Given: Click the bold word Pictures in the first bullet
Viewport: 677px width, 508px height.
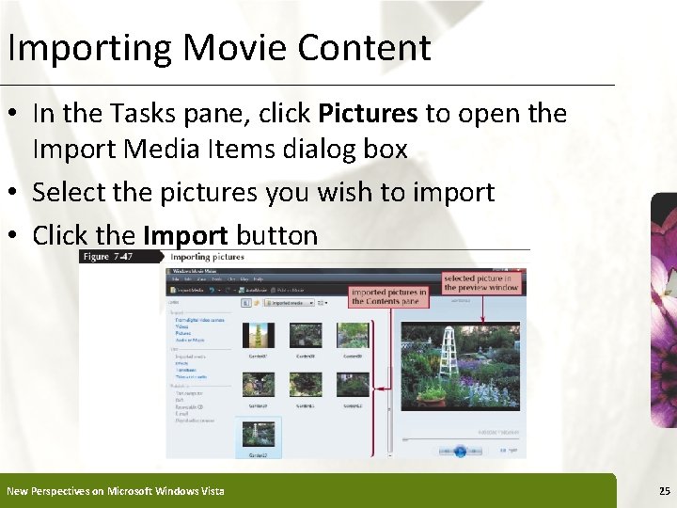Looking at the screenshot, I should coord(368,114).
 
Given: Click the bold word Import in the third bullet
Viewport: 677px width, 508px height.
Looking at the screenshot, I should coord(185,235).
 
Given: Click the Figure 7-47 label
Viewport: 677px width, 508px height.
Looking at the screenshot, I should coord(108,256).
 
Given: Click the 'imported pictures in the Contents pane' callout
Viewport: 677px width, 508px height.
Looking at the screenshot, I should coord(388,296).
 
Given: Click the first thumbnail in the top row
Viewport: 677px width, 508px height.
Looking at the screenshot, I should coord(257,336).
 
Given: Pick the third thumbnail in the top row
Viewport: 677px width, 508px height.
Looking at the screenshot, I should coord(353,336).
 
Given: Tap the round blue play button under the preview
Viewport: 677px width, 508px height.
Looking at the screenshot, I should coord(460,451).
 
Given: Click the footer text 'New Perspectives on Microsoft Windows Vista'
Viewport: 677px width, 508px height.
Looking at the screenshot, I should coord(116,491).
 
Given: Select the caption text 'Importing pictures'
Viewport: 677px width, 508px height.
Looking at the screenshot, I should coord(207,256).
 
